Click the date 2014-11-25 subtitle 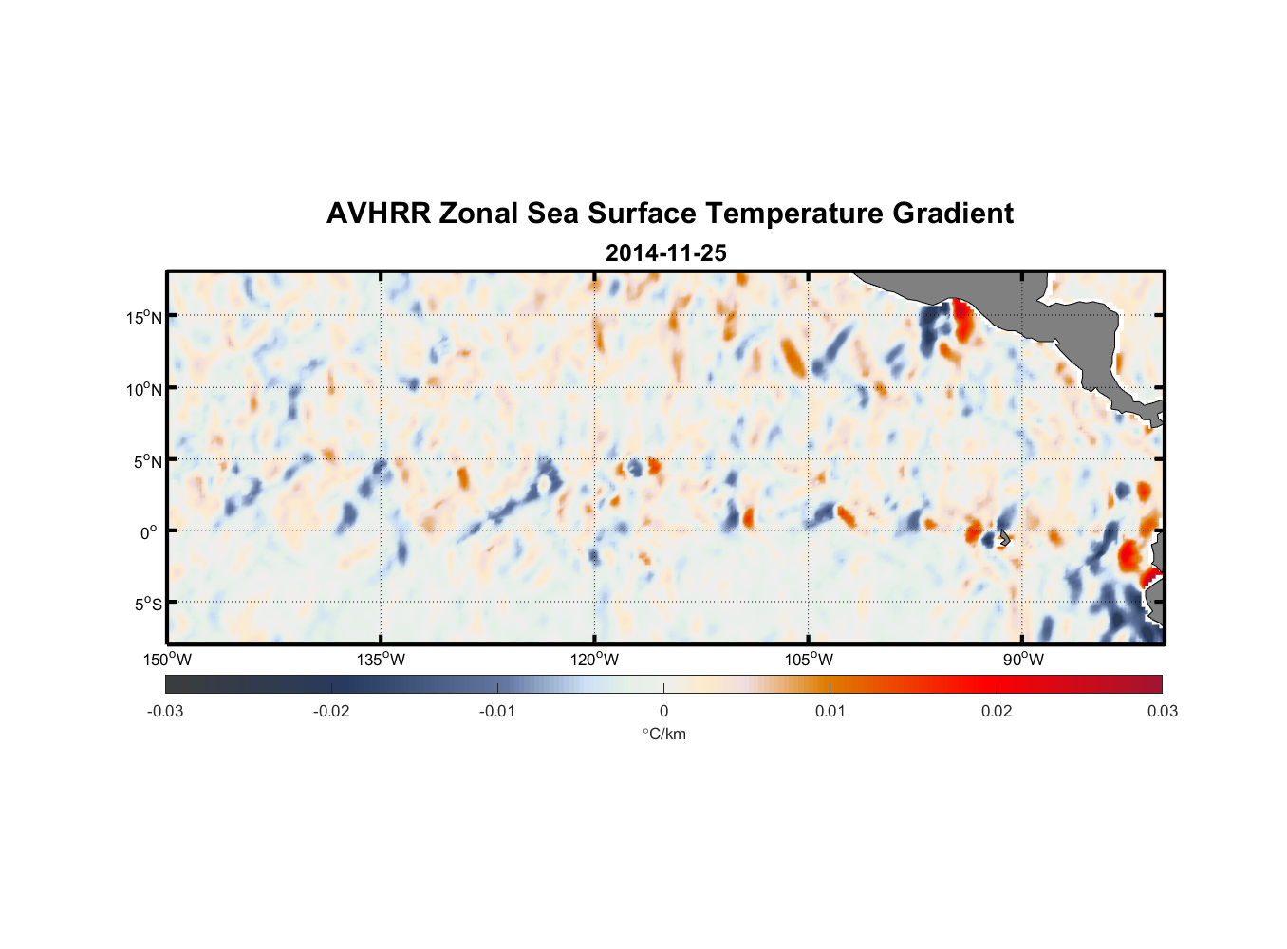point(665,253)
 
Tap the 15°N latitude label point(144,317)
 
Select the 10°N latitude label point(144,389)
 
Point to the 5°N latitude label point(147,461)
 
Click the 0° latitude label point(148,532)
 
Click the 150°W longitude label point(167,660)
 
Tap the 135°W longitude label point(381,660)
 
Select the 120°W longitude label point(594,660)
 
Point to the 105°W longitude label point(809,660)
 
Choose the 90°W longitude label point(1023,660)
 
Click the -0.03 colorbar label point(165,711)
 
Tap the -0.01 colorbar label point(497,711)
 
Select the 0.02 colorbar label point(997,711)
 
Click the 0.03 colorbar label point(1162,711)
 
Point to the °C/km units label point(664,734)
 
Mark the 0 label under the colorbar point(663,711)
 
